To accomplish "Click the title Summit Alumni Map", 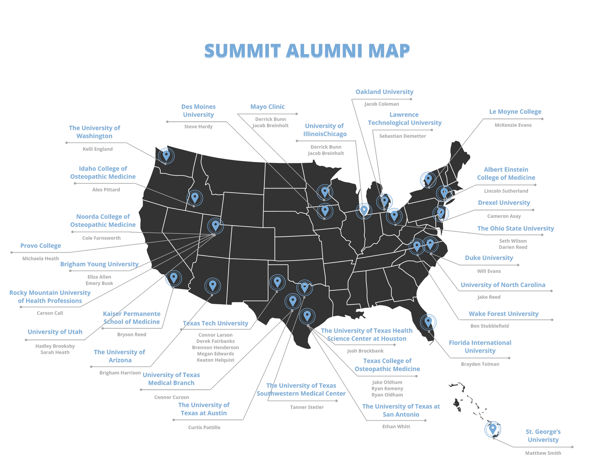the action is [x=307, y=51].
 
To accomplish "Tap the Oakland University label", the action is [x=384, y=92].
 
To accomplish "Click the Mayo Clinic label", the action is [x=267, y=107].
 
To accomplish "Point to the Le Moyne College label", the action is [x=515, y=111].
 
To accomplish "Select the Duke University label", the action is [x=489, y=258].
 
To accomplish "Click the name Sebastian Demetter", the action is [x=402, y=136].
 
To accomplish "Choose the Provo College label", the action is [x=41, y=246].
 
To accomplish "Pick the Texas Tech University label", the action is [x=216, y=323].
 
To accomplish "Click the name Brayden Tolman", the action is [x=480, y=364].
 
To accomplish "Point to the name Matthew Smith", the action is [x=543, y=453].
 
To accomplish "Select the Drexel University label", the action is [x=504, y=203].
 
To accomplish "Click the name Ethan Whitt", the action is [x=396, y=426].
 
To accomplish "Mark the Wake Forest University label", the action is [x=503, y=314].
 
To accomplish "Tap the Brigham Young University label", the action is [x=99, y=264].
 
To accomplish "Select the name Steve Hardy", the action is [x=198, y=126].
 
